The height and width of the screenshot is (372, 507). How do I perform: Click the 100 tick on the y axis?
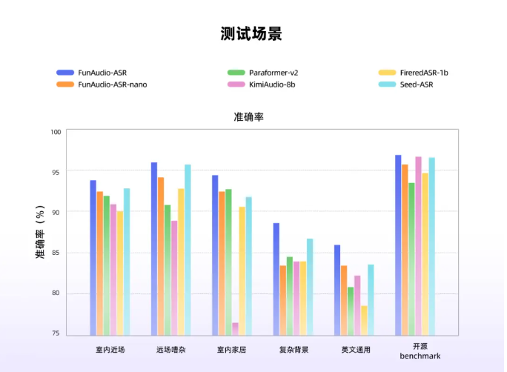coord(56,132)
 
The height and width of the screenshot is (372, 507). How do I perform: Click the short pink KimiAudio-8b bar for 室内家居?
coord(235,329)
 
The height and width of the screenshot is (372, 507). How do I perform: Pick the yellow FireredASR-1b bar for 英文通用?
coord(364,321)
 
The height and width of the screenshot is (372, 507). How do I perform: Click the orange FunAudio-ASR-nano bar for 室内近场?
coord(100,263)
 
